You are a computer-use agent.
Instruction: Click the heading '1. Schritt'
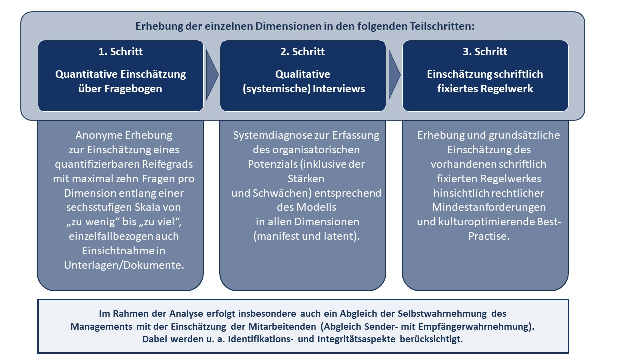coord(120,52)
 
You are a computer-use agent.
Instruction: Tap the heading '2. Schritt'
coord(302,52)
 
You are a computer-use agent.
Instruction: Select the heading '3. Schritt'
coord(485,52)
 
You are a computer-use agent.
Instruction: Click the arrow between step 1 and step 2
coord(212,75)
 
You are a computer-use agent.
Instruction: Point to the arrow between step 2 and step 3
coord(394,75)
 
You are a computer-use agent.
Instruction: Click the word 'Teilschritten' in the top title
coord(442,26)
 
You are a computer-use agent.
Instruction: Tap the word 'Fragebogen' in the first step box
coord(133,89)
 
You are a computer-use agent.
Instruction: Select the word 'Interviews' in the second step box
coord(339,89)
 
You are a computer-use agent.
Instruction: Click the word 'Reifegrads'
coord(167,164)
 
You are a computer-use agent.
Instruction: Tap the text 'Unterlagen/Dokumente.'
coord(124,265)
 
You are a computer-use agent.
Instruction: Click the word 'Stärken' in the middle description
coord(306,179)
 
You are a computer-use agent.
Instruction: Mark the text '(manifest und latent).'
coord(306,236)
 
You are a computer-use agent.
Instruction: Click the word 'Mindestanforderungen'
coord(489,207)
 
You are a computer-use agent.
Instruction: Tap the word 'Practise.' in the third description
coord(489,236)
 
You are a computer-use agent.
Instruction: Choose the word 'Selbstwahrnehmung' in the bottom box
coord(442,314)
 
